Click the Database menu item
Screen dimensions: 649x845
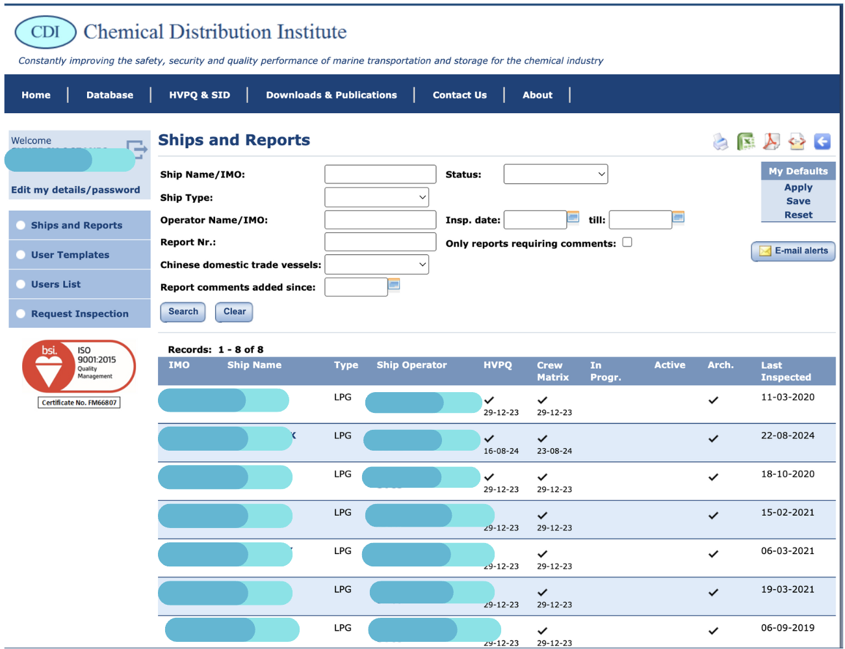109,95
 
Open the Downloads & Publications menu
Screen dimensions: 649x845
331,95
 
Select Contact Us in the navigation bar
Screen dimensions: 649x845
460,95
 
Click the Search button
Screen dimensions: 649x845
183,312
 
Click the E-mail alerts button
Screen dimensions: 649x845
793,251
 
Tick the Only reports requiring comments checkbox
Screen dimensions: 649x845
627,243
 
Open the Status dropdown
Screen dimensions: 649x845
555,174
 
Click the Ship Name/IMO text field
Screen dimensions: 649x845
380,174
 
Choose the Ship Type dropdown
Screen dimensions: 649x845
376,197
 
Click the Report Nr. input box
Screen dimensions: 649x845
380,242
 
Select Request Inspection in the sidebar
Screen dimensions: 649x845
79,314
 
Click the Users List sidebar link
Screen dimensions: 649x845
56,284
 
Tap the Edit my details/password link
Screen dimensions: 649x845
75,190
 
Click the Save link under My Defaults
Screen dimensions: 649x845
798,201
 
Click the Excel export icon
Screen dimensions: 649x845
745,141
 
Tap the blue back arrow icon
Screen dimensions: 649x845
822,141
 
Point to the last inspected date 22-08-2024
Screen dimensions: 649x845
787,436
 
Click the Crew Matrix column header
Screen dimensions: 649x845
552,371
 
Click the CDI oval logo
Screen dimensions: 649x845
45,32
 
